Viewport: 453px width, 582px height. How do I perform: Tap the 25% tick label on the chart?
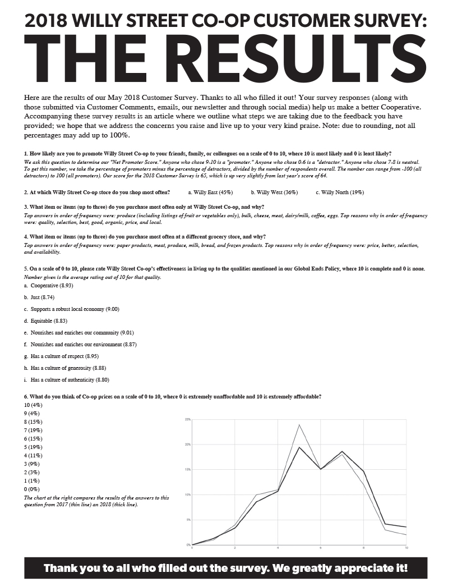[188, 419]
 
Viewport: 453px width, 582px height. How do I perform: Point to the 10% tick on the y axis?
[188, 494]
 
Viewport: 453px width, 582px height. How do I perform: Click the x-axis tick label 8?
[363, 548]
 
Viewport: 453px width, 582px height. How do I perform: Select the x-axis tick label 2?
[235, 548]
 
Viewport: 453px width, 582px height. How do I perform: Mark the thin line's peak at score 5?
[299, 424]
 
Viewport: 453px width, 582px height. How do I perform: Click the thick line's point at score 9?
[385, 524]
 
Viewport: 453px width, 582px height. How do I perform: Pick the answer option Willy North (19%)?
[340, 192]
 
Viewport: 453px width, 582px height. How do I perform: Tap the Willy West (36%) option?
[274, 192]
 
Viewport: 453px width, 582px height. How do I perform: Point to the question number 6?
[26, 396]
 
